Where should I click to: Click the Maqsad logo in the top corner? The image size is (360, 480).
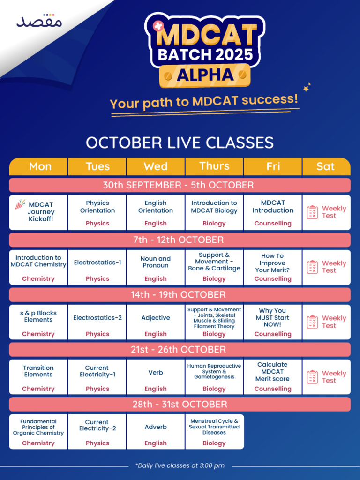tap(39, 21)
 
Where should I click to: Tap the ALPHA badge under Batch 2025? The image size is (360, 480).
tap(204, 75)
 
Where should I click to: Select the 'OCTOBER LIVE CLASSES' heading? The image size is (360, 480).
tap(180, 142)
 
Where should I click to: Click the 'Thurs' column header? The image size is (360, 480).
tap(214, 166)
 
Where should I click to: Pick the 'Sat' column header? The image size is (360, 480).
tap(326, 166)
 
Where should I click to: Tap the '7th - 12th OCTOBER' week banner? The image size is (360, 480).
tap(180, 240)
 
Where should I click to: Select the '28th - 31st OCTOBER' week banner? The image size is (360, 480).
tap(180, 404)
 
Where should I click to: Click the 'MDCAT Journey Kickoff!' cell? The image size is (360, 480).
tap(38, 212)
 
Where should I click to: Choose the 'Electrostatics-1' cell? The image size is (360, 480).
tap(97, 267)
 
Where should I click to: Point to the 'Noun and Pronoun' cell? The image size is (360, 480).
tap(156, 267)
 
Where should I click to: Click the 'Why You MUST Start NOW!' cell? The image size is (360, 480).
tap(273, 322)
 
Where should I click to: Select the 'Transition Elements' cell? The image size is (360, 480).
tap(38, 376)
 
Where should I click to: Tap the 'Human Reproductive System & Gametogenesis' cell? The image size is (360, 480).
tap(214, 376)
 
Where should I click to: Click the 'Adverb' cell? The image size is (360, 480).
tap(156, 431)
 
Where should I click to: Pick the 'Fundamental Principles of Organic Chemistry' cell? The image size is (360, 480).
tap(38, 431)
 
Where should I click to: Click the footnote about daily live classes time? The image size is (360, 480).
tap(180, 465)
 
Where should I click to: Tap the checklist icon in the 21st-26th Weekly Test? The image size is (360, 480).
tap(313, 377)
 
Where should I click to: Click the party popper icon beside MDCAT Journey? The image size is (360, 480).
tap(20, 204)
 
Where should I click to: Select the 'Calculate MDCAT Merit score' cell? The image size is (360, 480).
tap(273, 376)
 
